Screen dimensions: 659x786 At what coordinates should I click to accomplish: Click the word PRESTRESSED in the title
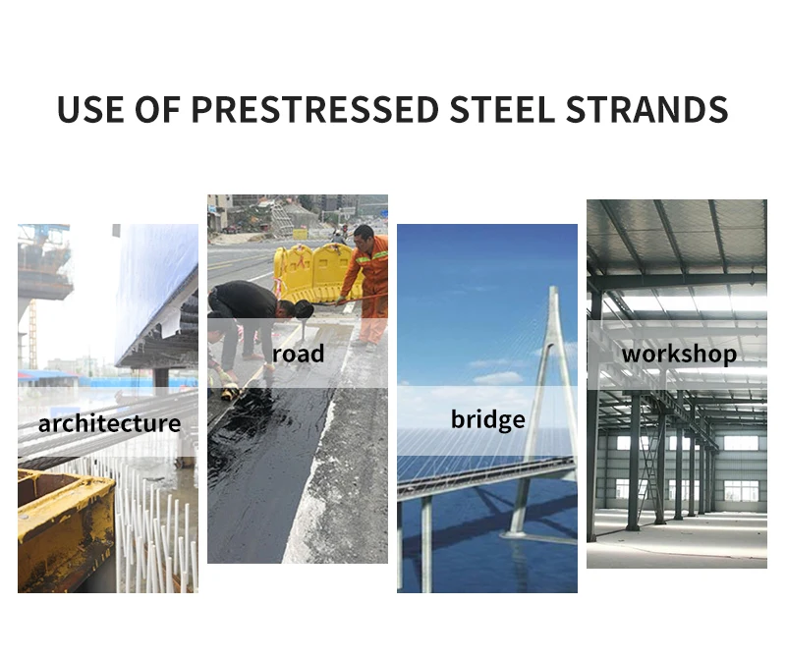(x=315, y=109)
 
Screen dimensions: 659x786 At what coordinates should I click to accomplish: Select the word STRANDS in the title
(x=647, y=109)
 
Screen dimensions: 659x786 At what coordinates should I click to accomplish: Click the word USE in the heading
(x=91, y=109)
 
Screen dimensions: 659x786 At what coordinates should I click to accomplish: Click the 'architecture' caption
(x=109, y=424)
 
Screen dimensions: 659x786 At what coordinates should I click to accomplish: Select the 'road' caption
(x=298, y=354)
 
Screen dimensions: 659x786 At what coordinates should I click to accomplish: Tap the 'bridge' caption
(x=487, y=420)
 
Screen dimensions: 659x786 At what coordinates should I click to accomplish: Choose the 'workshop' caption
(x=679, y=354)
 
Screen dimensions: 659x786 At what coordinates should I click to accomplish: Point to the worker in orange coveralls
(x=369, y=280)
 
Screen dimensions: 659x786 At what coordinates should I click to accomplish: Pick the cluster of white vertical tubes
(x=157, y=530)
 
